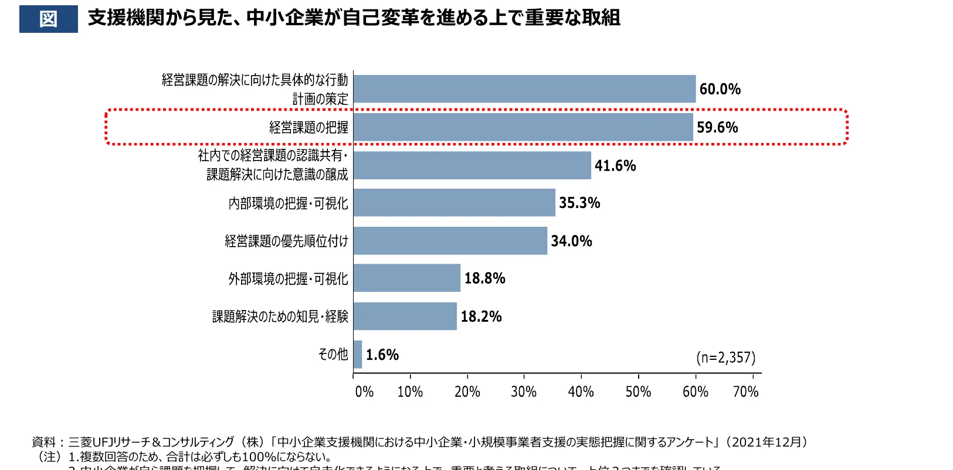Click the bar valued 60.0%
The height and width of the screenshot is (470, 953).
524,89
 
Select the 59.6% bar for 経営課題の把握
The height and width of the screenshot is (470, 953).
523,127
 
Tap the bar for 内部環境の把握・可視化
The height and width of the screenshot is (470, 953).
454,203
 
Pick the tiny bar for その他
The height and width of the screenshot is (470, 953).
358,355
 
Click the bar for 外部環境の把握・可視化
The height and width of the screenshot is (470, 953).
406,278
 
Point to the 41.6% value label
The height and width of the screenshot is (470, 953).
615,166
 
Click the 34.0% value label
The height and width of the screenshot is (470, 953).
571,241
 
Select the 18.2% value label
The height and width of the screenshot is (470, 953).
481,316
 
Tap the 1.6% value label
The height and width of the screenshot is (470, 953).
382,355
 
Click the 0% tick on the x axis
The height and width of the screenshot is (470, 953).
364,391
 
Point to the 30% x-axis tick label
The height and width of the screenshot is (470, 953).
524,391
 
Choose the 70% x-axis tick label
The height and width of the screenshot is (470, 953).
746,391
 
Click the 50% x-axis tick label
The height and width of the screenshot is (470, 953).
638,391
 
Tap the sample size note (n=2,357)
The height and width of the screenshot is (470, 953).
725,357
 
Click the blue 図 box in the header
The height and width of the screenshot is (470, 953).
48,19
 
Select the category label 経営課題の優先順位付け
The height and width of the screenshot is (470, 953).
286,241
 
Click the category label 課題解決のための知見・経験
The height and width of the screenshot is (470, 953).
280,316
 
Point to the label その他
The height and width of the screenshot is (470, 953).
333,354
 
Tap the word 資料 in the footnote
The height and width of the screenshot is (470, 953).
43,442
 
